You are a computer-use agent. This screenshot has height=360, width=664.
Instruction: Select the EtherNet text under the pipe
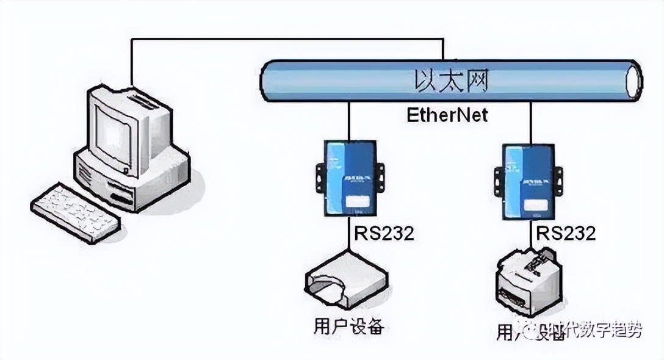tap(447, 114)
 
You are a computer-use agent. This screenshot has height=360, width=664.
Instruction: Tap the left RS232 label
tap(384, 233)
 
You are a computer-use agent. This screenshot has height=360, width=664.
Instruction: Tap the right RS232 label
tap(565, 233)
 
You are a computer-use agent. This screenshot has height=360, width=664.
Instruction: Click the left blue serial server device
tap(350, 178)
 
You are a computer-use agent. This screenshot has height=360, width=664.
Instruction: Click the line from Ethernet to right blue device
tap(530, 122)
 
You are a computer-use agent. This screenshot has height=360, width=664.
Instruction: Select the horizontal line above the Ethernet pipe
tap(287, 40)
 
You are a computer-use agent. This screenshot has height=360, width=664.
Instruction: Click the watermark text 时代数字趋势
tap(595, 331)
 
